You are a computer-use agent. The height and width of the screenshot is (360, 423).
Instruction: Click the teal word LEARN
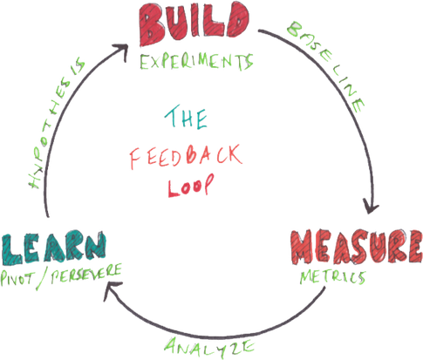[x=55, y=248]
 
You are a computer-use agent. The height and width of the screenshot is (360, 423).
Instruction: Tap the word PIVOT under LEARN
[x=24, y=278]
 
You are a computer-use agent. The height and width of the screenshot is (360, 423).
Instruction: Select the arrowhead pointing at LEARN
[x=108, y=296]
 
